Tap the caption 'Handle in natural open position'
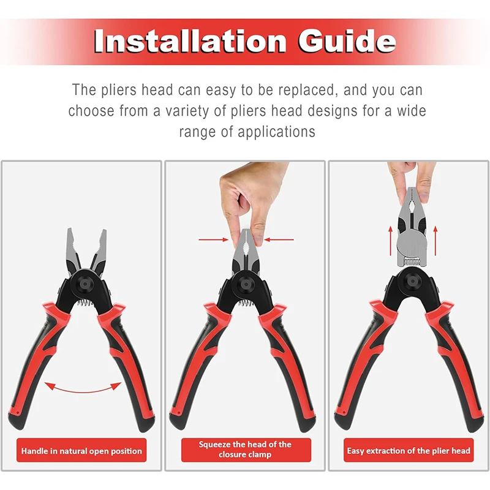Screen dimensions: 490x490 (81, 451)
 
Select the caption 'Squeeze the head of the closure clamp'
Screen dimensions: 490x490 (245, 450)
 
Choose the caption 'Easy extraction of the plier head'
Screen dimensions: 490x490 (409, 451)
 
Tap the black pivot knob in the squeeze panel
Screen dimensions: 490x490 (245, 286)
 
